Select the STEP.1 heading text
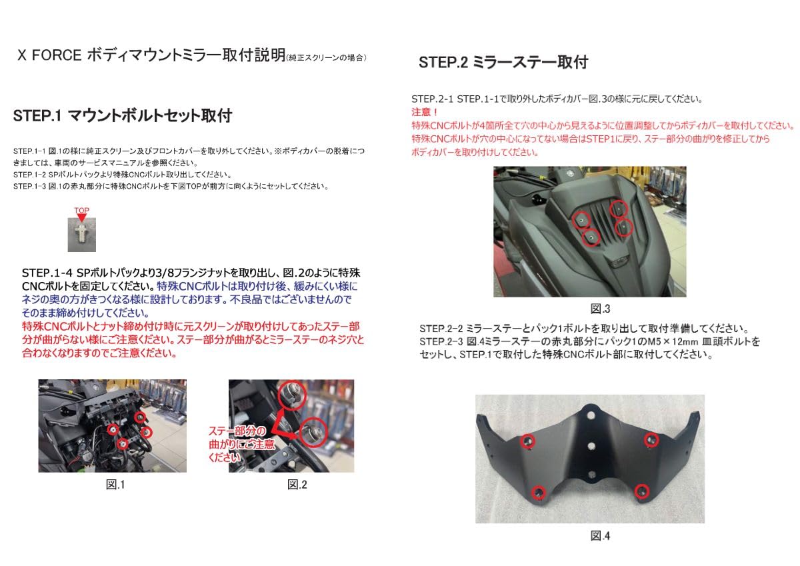(122, 115)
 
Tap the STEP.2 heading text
(503, 63)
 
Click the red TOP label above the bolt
(81, 211)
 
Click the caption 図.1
(115, 485)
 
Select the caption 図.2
(297, 485)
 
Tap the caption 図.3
(600, 309)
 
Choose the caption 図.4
(599, 535)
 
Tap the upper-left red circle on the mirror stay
(529, 441)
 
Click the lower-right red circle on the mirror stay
(641, 491)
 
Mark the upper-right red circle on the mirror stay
(651, 439)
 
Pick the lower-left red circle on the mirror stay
(539, 493)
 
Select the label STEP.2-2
(442, 329)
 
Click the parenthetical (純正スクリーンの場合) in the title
(326, 58)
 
